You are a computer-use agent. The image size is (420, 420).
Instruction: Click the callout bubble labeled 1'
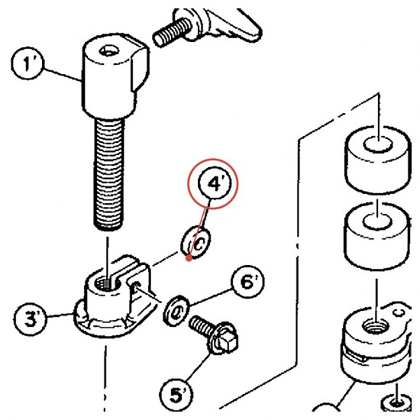27,63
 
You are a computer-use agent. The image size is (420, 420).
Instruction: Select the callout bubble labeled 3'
31,318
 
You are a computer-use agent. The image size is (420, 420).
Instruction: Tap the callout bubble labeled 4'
215,183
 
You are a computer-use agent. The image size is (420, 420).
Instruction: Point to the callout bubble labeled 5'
176,394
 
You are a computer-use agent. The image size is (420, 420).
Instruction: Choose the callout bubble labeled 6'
247,282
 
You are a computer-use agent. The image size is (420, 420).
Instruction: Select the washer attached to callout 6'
176,311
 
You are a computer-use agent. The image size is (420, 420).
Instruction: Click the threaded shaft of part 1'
108,174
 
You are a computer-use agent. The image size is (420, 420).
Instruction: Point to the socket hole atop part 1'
108,50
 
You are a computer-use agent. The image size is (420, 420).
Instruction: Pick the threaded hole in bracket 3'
105,283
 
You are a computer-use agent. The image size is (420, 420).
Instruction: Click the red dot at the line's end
189,258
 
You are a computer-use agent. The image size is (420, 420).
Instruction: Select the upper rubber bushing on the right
378,160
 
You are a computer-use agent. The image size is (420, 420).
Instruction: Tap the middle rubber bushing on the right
377,235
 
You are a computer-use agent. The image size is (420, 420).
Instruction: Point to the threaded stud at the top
172,32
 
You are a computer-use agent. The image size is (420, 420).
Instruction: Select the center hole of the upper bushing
378,144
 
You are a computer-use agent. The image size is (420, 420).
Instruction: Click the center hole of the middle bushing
377,221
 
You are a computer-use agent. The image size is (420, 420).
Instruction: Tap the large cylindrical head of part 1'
115,76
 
